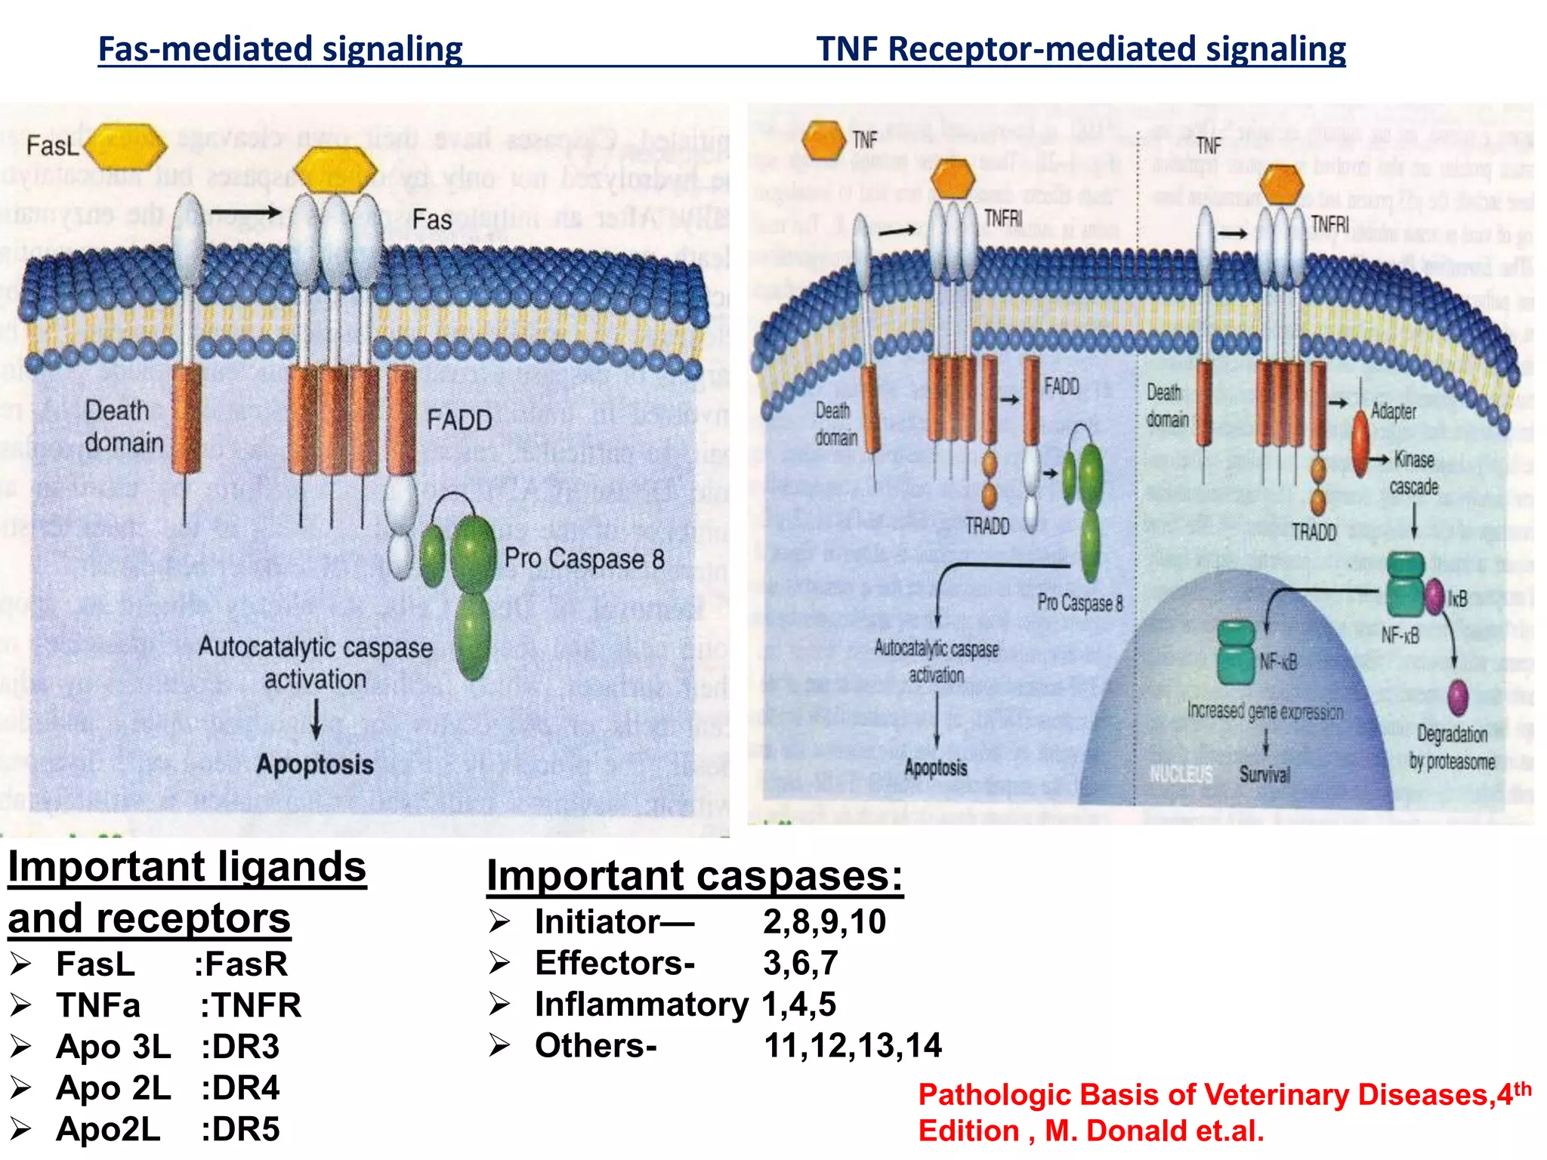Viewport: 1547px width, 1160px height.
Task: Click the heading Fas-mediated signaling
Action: tap(280, 49)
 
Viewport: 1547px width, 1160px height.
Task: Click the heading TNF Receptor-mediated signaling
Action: tap(1080, 49)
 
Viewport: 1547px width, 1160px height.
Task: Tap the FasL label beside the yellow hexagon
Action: tap(52, 145)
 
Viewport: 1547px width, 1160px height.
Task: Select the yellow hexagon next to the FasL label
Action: tap(125, 146)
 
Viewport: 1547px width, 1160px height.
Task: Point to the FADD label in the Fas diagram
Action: tap(459, 420)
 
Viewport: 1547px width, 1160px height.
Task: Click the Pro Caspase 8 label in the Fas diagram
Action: tap(584, 559)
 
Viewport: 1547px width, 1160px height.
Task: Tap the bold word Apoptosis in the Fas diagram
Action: tap(315, 764)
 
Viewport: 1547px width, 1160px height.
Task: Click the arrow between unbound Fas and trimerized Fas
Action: tap(245, 212)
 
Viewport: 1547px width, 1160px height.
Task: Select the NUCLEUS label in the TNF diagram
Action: tap(1181, 774)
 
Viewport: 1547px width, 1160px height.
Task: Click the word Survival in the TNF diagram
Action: tap(1264, 774)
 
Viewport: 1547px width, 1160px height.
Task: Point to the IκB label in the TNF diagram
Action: tap(1457, 600)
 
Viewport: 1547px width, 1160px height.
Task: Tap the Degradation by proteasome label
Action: tap(1452, 748)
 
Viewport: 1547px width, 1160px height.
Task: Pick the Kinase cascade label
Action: tap(1413, 473)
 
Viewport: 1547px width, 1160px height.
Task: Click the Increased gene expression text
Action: tap(1265, 711)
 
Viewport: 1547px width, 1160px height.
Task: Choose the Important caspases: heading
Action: tap(694, 876)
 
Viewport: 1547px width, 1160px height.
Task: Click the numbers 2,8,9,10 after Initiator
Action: tap(824, 922)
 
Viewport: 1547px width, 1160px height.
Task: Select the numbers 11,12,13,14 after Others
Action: tap(853, 1046)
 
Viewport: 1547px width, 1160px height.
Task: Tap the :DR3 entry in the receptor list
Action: tap(240, 1047)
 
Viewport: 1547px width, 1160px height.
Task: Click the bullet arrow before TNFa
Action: tap(20, 1005)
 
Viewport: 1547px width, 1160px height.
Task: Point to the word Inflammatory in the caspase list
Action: tap(641, 1004)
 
